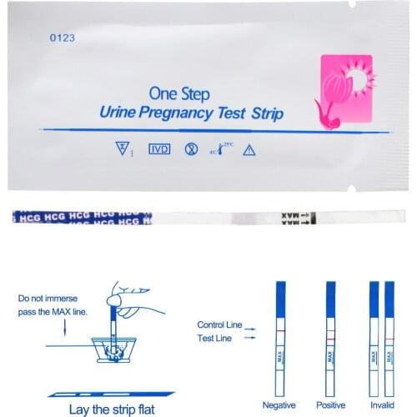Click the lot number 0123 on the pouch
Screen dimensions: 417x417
pos(63,37)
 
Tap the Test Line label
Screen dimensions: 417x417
pos(215,338)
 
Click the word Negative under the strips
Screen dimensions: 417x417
pos(279,406)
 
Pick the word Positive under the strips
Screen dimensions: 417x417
pos(332,406)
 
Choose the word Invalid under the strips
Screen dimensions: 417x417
pos(380,406)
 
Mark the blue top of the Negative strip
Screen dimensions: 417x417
pos(280,301)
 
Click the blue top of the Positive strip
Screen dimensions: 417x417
pos(332,301)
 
